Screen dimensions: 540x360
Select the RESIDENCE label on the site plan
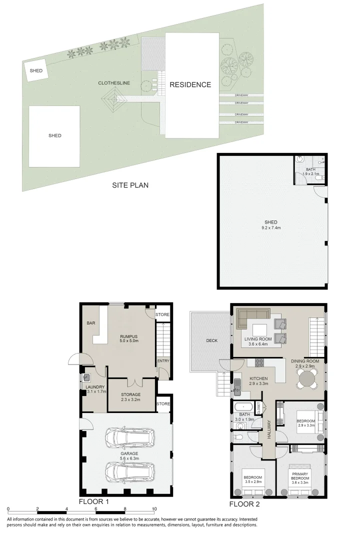pyautogui.click(x=190, y=84)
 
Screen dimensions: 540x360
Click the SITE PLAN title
pyautogui.click(x=130, y=185)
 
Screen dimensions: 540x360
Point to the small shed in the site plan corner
pyautogui.click(x=36, y=71)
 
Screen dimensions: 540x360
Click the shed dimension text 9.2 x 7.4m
pyautogui.click(x=271, y=228)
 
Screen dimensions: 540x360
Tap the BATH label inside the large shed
pyautogui.click(x=310, y=170)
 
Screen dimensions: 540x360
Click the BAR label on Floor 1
pyautogui.click(x=91, y=323)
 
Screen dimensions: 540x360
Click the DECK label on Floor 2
pyautogui.click(x=212, y=341)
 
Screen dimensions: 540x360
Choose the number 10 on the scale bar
pyautogui.click(x=154, y=508)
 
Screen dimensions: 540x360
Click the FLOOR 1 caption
pyautogui.click(x=93, y=501)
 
